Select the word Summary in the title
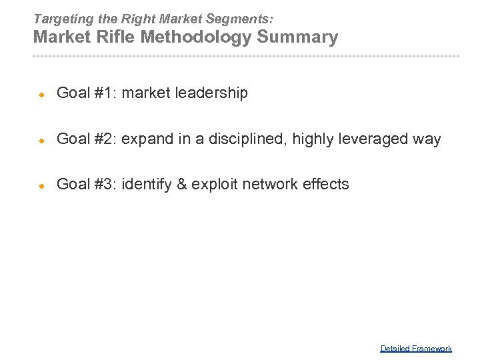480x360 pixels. (x=297, y=37)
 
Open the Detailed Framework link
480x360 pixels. (x=416, y=348)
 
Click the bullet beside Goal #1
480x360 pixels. (x=41, y=94)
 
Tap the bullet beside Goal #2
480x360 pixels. (x=41, y=140)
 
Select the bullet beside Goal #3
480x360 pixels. (x=41, y=185)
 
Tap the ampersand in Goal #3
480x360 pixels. (x=181, y=184)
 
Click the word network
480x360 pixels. (x=269, y=184)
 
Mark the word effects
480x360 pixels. (x=326, y=184)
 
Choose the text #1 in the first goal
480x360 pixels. (x=104, y=93)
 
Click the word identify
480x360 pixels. (x=147, y=185)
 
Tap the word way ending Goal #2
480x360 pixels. (x=427, y=140)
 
